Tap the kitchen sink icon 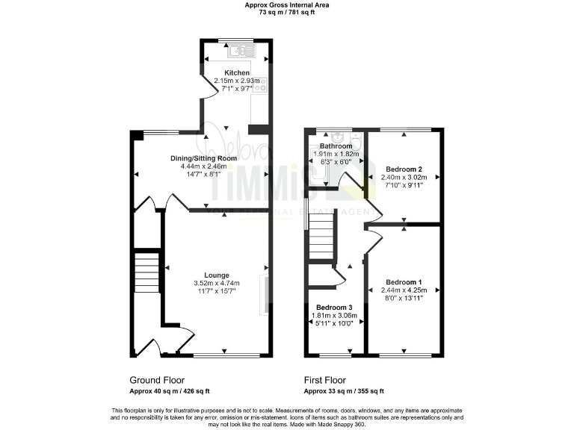point(242,51)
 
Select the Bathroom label point(336,146)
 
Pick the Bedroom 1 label point(404,282)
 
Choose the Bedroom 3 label point(334,308)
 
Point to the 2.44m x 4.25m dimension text point(404,290)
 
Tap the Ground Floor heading point(155,380)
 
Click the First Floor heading point(325,380)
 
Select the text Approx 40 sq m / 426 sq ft point(170,390)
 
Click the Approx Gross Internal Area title point(288,4)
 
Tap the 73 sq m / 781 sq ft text point(288,13)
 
